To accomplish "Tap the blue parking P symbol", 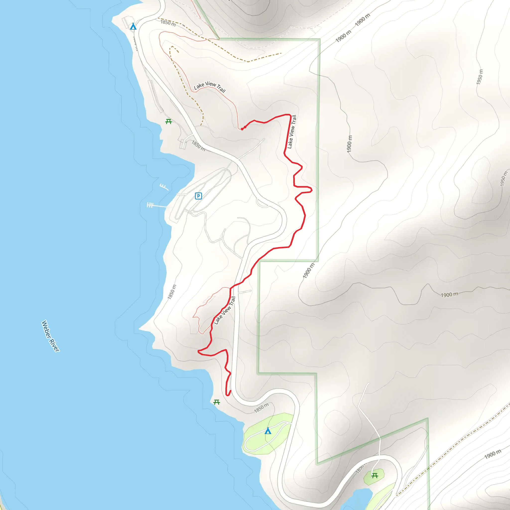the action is click(x=198, y=196).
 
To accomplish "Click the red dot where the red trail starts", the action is click(x=242, y=129).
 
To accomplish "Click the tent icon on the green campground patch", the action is click(x=268, y=431).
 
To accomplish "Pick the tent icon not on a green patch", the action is click(x=133, y=26).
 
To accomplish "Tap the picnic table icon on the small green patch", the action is click(x=374, y=476).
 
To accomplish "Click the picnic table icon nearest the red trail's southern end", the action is click(x=216, y=402).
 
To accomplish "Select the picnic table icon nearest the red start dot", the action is click(x=168, y=122).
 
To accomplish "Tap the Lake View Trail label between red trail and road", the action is click(x=225, y=311).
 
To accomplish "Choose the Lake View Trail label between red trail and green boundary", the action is click(x=292, y=131).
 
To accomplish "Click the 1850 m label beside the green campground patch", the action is click(x=261, y=408).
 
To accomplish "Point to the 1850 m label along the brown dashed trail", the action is click(x=168, y=23).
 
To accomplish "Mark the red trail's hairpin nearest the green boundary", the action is click(x=311, y=190).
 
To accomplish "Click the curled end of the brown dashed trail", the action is click(x=173, y=48).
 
